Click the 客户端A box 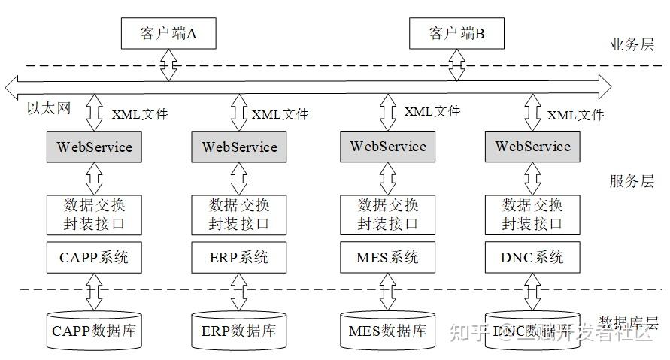click(168, 34)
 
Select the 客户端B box click(456, 34)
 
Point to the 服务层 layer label click(631, 181)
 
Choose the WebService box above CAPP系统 click(94, 147)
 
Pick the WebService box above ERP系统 click(239, 147)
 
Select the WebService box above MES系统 click(388, 146)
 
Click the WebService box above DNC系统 click(532, 146)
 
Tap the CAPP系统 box click(94, 257)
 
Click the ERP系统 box click(239, 257)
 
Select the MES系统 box click(388, 257)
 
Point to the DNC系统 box click(532, 257)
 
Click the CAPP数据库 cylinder click(94, 330)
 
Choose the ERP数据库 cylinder click(239, 330)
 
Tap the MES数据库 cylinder click(388, 330)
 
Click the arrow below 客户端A click(168, 65)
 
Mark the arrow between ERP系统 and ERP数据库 click(239, 291)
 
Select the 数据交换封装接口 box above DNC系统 click(532, 214)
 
